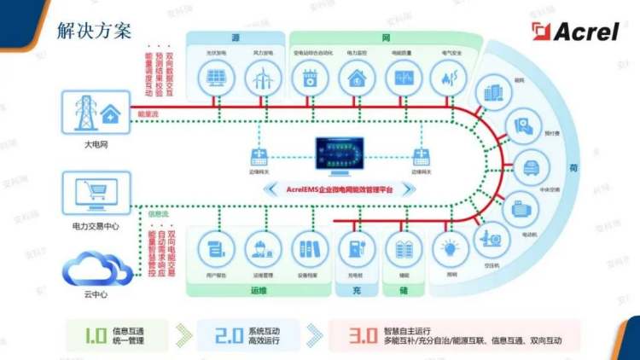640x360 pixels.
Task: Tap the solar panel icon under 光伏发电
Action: pos(214,79)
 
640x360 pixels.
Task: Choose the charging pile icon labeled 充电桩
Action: pos(352,250)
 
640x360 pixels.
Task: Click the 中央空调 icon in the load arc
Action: pos(529,165)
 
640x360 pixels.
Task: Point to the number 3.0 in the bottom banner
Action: pos(362,333)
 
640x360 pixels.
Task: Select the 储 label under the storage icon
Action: pos(402,290)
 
